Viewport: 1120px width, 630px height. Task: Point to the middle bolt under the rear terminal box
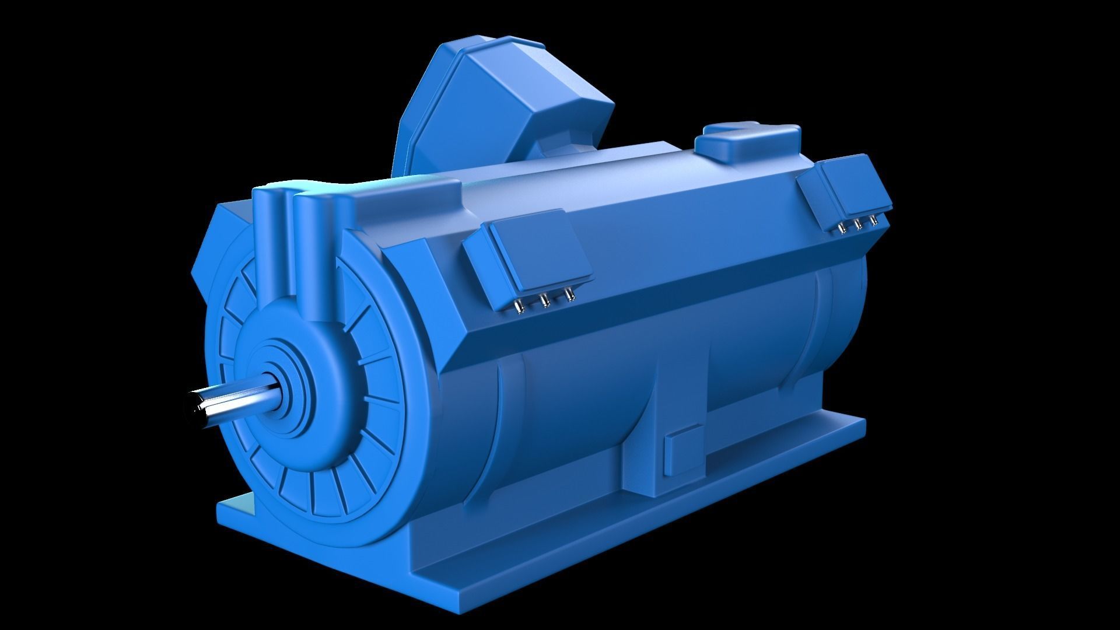pyautogui.click(x=858, y=224)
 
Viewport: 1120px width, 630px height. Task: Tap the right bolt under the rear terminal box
pyautogui.click(x=873, y=220)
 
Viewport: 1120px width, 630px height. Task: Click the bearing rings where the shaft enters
pyautogui.click(x=286, y=385)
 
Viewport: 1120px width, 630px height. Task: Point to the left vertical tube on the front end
pyautogui.click(x=269, y=233)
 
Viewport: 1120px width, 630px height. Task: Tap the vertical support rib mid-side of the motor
pyautogui.click(x=642, y=408)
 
